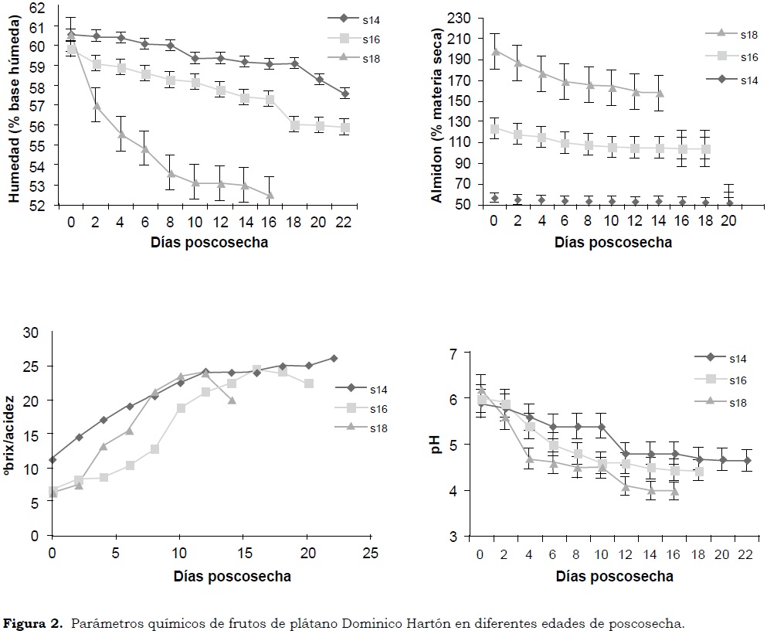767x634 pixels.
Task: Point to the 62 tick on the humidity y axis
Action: click(x=38, y=8)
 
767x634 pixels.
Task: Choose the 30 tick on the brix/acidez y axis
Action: click(x=32, y=333)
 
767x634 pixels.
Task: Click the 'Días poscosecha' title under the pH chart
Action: click(x=614, y=576)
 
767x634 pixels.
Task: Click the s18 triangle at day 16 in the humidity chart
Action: click(x=270, y=195)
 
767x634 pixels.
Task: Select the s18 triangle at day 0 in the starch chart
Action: click(x=495, y=51)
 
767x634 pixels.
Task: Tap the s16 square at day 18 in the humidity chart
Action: click(x=294, y=124)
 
